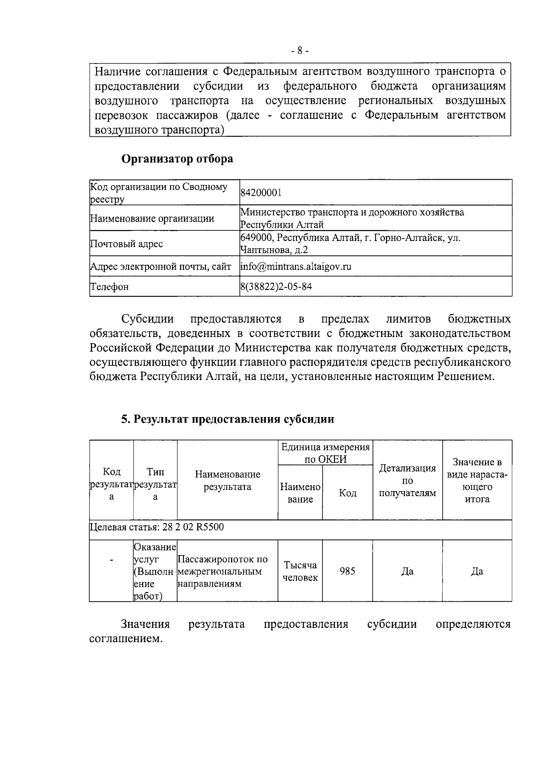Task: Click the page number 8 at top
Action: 300,51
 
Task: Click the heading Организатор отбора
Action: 177,159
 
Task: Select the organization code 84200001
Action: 261,193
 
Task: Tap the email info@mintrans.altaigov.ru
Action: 296,267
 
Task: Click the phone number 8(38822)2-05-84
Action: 276,287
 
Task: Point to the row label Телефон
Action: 109,287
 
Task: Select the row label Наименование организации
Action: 152,219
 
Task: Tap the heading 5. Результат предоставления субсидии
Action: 227,419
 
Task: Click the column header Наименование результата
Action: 227,481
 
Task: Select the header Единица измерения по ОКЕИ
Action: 325,453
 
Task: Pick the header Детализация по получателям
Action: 408,481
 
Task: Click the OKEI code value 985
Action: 347,571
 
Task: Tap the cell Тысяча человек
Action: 300,571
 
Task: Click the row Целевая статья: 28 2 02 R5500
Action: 157,527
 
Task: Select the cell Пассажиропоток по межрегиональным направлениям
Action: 223,572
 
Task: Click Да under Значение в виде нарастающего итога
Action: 477,571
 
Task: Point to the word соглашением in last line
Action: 125,638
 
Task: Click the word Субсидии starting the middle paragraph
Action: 147,318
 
